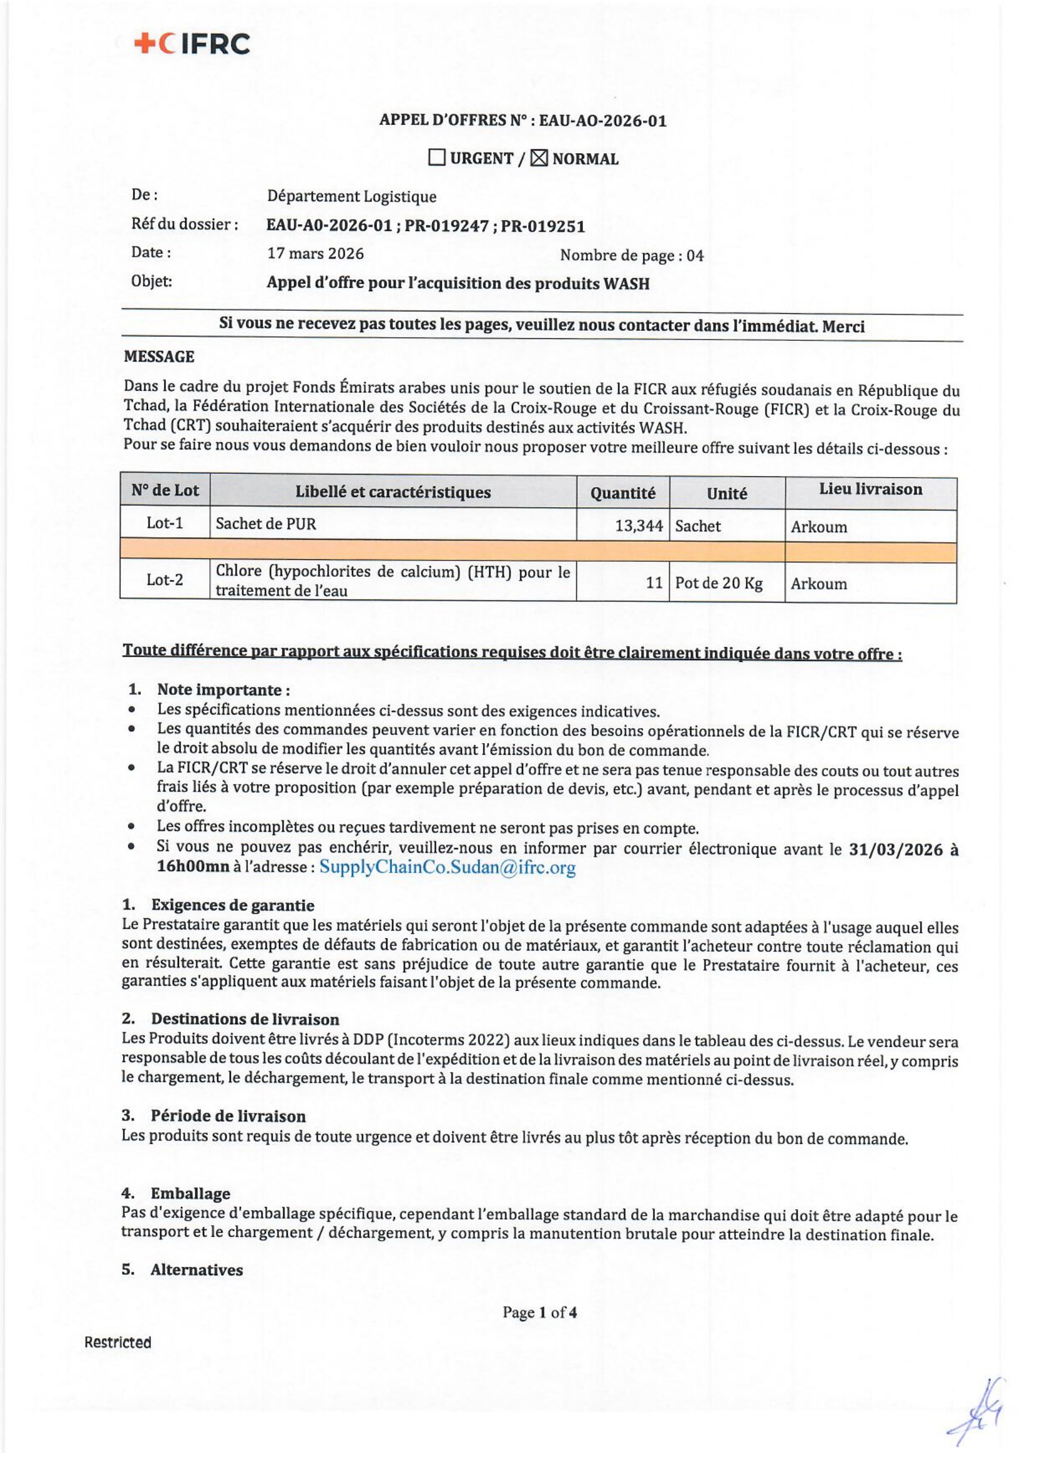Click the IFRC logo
point(192,44)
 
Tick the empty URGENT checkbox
point(437,158)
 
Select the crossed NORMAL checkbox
point(539,158)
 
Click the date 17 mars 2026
point(315,254)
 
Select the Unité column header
point(727,493)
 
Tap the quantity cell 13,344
point(638,525)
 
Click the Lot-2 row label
point(165,580)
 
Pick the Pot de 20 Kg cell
point(719,583)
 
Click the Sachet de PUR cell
point(266,524)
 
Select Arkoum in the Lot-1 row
point(819,527)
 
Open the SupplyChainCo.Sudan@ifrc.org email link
point(447,867)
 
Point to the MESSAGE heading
point(159,356)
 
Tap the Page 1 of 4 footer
point(540,1312)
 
